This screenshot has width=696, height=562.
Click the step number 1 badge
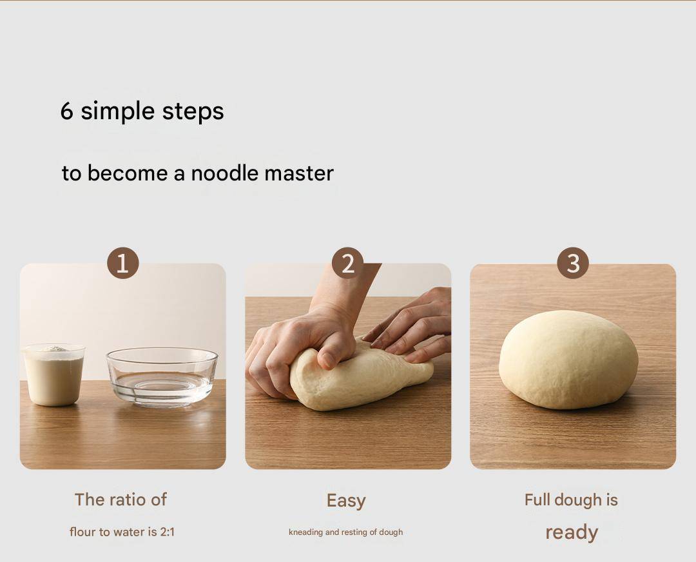pyautogui.click(x=123, y=263)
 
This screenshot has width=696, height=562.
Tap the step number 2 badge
pyautogui.click(x=348, y=263)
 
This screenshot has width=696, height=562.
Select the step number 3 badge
pyautogui.click(x=573, y=263)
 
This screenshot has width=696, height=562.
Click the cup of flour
pyautogui.click(x=53, y=374)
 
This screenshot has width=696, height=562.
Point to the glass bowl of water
pyautogui.click(x=162, y=377)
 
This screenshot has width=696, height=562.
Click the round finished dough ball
pyautogui.click(x=568, y=360)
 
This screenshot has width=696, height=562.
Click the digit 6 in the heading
pyautogui.click(x=66, y=111)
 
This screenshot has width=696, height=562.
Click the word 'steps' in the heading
pyautogui.click(x=193, y=112)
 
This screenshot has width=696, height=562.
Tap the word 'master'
pyautogui.click(x=299, y=173)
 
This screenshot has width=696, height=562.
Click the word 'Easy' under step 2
pyautogui.click(x=346, y=501)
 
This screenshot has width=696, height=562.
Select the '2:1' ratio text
pyautogui.click(x=168, y=532)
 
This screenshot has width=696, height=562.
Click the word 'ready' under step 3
pyautogui.click(x=572, y=533)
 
